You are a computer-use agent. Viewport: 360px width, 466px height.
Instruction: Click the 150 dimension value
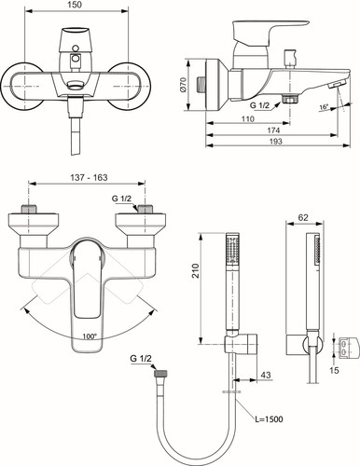75,5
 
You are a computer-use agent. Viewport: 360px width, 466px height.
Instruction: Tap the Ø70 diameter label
183,85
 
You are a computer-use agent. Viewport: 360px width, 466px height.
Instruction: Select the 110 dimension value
248,118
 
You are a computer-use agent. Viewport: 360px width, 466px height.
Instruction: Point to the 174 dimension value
273,130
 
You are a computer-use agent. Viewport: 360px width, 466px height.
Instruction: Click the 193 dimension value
275,142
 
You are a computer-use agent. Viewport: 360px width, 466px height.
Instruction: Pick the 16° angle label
324,107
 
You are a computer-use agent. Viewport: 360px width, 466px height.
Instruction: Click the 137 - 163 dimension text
89,177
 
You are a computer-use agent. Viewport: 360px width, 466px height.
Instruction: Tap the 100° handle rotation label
90,336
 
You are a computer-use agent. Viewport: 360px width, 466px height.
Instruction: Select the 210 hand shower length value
195,271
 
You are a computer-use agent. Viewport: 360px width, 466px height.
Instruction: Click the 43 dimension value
266,375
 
